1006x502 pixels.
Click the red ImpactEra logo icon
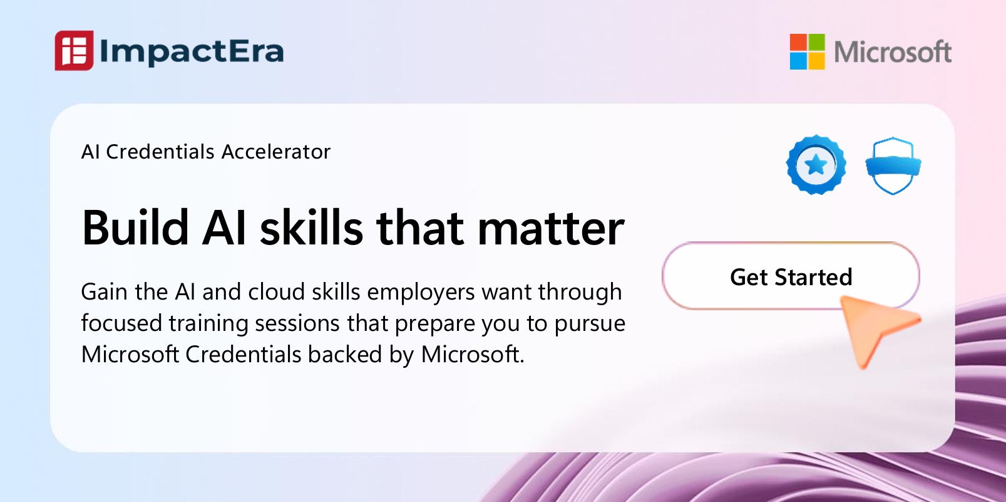(x=74, y=50)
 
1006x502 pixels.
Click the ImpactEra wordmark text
(x=192, y=51)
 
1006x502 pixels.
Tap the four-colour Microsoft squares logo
(x=807, y=51)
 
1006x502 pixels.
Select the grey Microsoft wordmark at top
(x=892, y=51)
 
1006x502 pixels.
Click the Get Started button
(x=791, y=276)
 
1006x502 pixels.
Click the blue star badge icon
(x=816, y=164)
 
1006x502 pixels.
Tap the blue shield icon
(x=893, y=165)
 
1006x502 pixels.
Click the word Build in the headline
(x=135, y=228)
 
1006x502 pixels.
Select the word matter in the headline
(x=551, y=229)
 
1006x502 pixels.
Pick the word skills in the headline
(x=311, y=228)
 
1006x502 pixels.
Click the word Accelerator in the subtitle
(x=275, y=152)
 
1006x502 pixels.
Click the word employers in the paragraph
(x=421, y=293)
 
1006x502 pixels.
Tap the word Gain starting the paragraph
(x=105, y=291)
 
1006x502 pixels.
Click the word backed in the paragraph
(x=345, y=354)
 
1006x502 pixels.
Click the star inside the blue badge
(x=816, y=164)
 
